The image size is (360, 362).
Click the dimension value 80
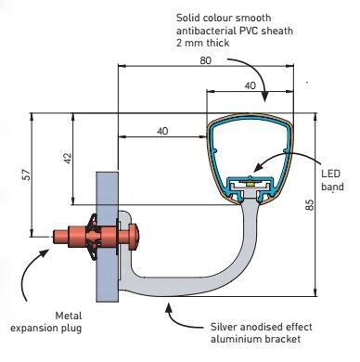pyautogui.click(x=205, y=60)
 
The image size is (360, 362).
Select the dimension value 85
pyautogui.click(x=310, y=205)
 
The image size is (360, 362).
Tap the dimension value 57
pyautogui.click(x=27, y=175)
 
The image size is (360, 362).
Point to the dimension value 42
pyautogui.click(x=68, y=159)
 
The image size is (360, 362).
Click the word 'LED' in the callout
pyautogui.click(x=330, y=174)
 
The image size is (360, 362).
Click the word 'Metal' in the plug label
pyautogui.click(x=69, y=316)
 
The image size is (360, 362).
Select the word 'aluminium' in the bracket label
pyautogui.click(x=232, y=339)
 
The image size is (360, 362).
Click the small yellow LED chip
pyautogui.click(x=251, y=184)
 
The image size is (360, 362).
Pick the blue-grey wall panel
pyautogui.click(x=108, y=237)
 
